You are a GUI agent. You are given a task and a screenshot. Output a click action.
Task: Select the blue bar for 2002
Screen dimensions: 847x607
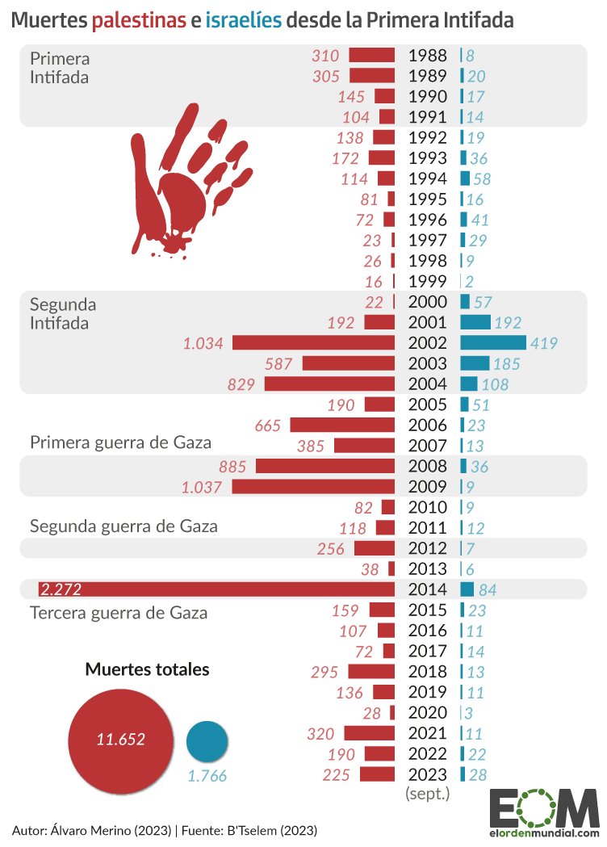point(492,342)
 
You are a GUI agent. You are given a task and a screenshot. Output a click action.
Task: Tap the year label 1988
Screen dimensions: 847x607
point(427,57)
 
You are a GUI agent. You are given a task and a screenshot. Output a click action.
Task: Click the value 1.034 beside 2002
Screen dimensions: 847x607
point(203,343)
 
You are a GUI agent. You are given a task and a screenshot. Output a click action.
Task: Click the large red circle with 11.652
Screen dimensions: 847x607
point(120,739)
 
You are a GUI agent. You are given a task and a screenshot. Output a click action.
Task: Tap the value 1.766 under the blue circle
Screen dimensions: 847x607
point(207,777)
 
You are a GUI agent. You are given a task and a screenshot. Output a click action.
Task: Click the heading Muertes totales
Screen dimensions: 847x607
point(147,669)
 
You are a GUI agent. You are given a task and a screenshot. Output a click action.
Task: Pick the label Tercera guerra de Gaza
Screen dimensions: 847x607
point(119,613)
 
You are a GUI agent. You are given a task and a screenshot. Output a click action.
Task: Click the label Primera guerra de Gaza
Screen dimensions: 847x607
point(120,442)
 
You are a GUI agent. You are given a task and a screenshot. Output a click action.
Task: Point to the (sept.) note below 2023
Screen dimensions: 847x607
point(427,794)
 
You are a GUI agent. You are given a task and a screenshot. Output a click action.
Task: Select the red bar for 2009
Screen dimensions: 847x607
point(313,486)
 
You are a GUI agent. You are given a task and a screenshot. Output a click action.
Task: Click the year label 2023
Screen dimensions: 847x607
point(427,774)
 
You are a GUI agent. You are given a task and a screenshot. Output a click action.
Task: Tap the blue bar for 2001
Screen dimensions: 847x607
point(475,322)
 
